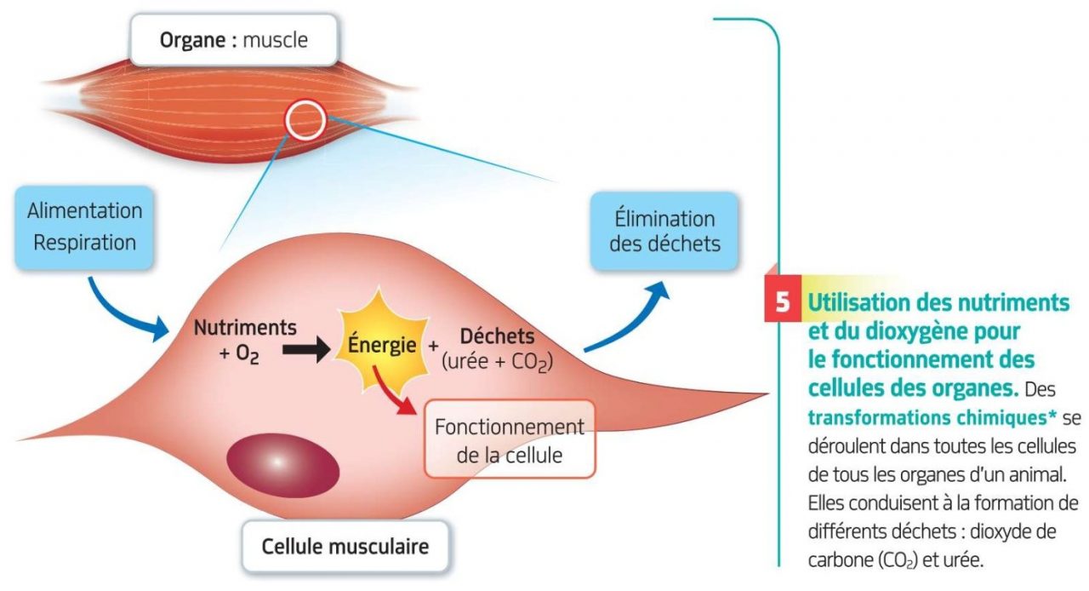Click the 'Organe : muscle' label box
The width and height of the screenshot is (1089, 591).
[232, 39]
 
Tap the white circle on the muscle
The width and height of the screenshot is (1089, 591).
[305, 121]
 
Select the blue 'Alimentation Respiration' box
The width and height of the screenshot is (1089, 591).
[84, 226]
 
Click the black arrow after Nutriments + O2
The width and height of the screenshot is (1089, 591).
[305, 350]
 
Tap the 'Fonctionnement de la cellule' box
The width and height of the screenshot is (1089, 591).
[510, 440]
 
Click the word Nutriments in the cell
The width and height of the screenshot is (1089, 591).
[245, 326]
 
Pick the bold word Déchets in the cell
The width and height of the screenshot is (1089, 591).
[497, 336]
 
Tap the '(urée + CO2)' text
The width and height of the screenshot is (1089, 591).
[497, 362]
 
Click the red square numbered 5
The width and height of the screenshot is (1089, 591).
[782, 303]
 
